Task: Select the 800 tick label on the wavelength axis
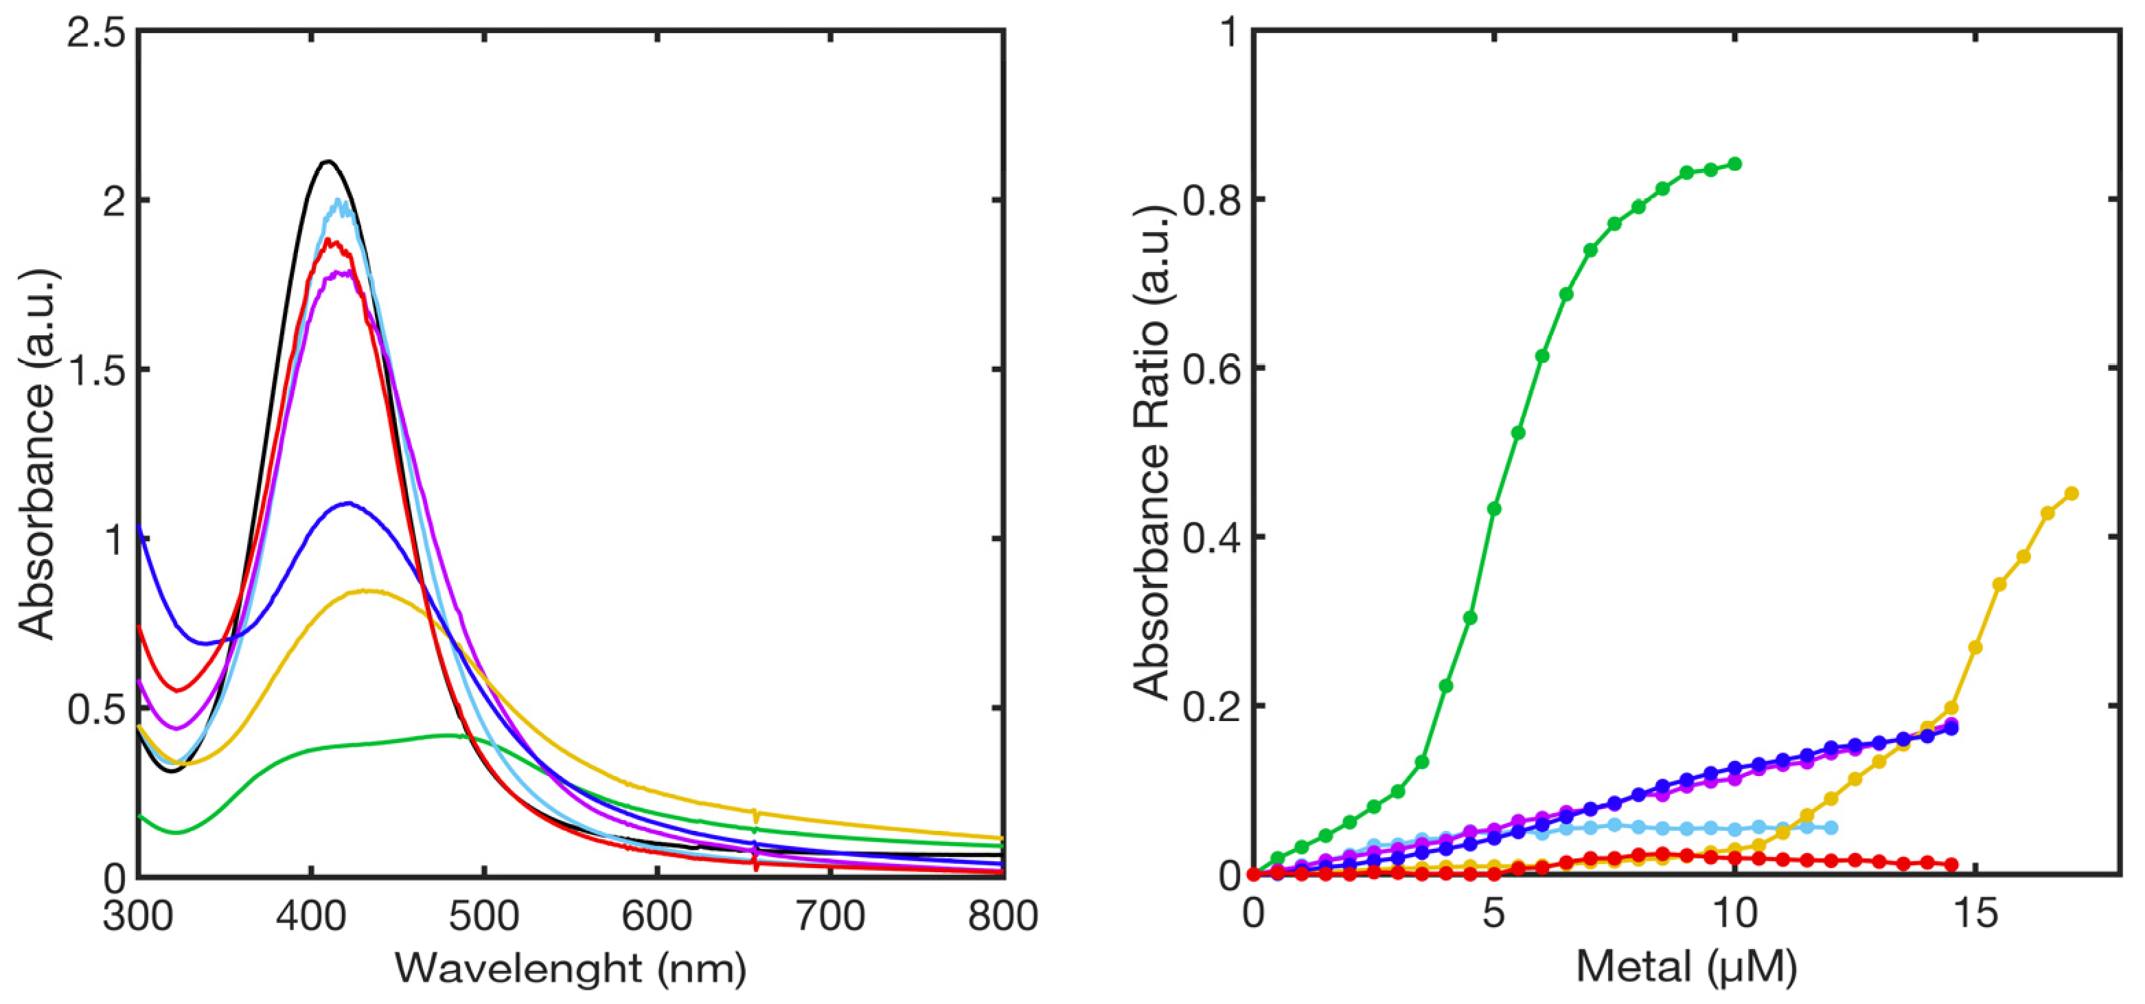click(1002, 915)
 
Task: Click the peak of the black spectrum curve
click(328, 161)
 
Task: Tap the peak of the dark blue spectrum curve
click(347, 503)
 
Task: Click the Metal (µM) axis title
click(1686, 968)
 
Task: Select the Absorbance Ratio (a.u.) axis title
click(1154, 454)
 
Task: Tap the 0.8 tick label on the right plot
click(1212, 200)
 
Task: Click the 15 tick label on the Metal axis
click(1975, 915)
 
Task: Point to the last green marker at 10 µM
click(1734, 164)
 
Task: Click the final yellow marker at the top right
click(2072, 494)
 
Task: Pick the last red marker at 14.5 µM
click(1951, 865)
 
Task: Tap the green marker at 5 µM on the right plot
click(1494, 509)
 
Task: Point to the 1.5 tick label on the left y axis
click(95, 369)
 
